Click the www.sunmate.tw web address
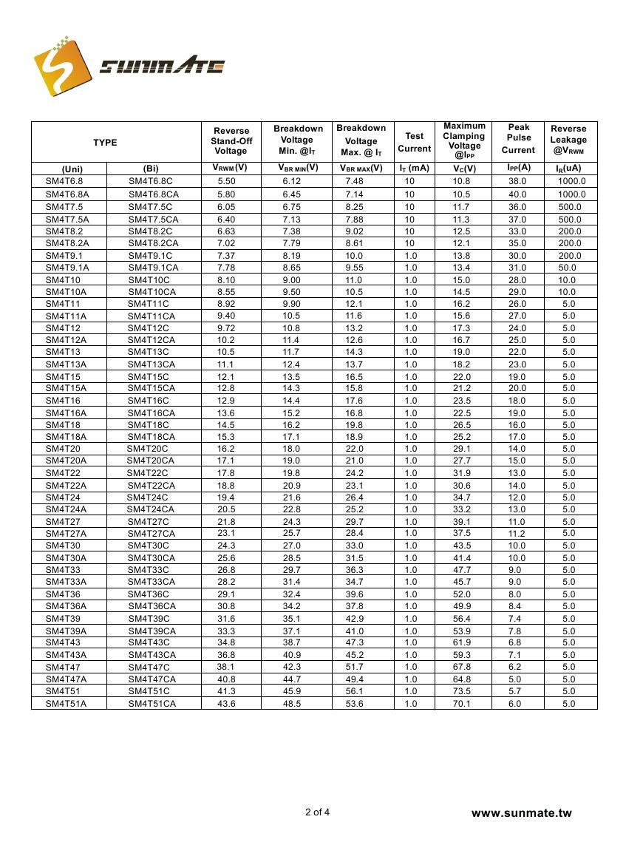[522, 813]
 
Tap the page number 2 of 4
[317, 812]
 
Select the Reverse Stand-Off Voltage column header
[231, 140]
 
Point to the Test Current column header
[415, 142]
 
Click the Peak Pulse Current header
[518, 138]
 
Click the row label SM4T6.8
[64, 181]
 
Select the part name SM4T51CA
[152, 704]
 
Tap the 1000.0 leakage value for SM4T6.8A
[571, 194]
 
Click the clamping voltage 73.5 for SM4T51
[462, 691]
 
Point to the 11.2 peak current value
[517, 534]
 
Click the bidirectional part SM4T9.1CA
[154, 268]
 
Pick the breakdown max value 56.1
[355, 691]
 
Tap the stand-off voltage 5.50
[226, 181]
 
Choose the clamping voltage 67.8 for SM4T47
[462, 667]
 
